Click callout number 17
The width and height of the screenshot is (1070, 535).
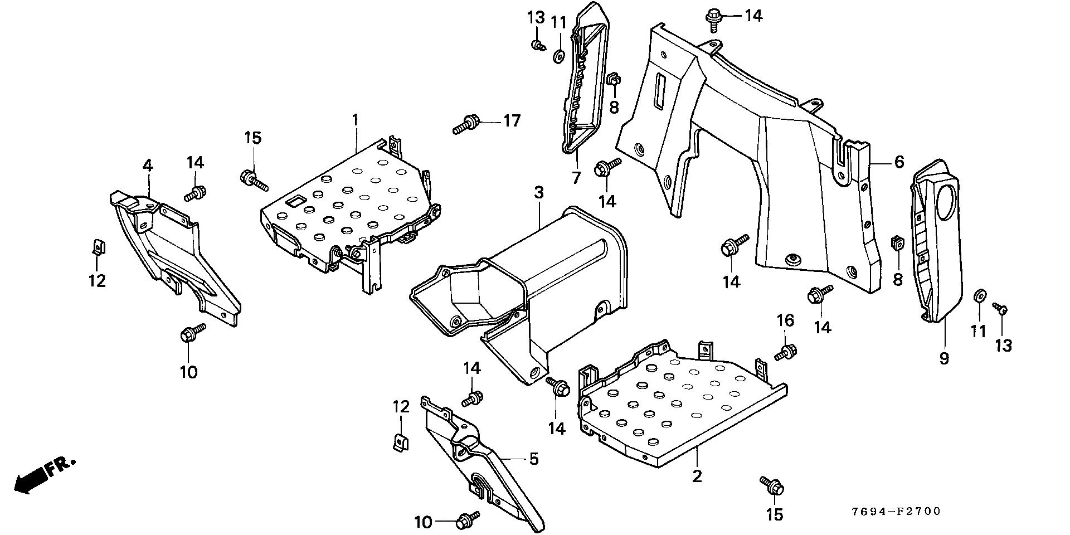tap(512, 120)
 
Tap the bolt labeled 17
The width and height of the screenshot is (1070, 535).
tap(465, 123)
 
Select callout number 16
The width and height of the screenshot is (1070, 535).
tap(785, 320)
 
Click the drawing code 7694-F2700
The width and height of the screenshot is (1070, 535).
tap(896, 511)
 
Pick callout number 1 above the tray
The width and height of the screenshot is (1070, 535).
tap(355, 119)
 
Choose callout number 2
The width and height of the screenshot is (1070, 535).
tap(697, 476)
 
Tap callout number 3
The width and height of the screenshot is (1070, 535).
tap(538, 193)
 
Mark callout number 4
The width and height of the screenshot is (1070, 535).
tap(148, 165)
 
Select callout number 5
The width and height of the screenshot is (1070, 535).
tap(534, 459)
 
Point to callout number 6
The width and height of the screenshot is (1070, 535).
tap(899, 162)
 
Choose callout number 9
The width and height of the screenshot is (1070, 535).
tap(944, 358)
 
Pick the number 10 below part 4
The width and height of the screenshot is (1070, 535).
tap(189, 372)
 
